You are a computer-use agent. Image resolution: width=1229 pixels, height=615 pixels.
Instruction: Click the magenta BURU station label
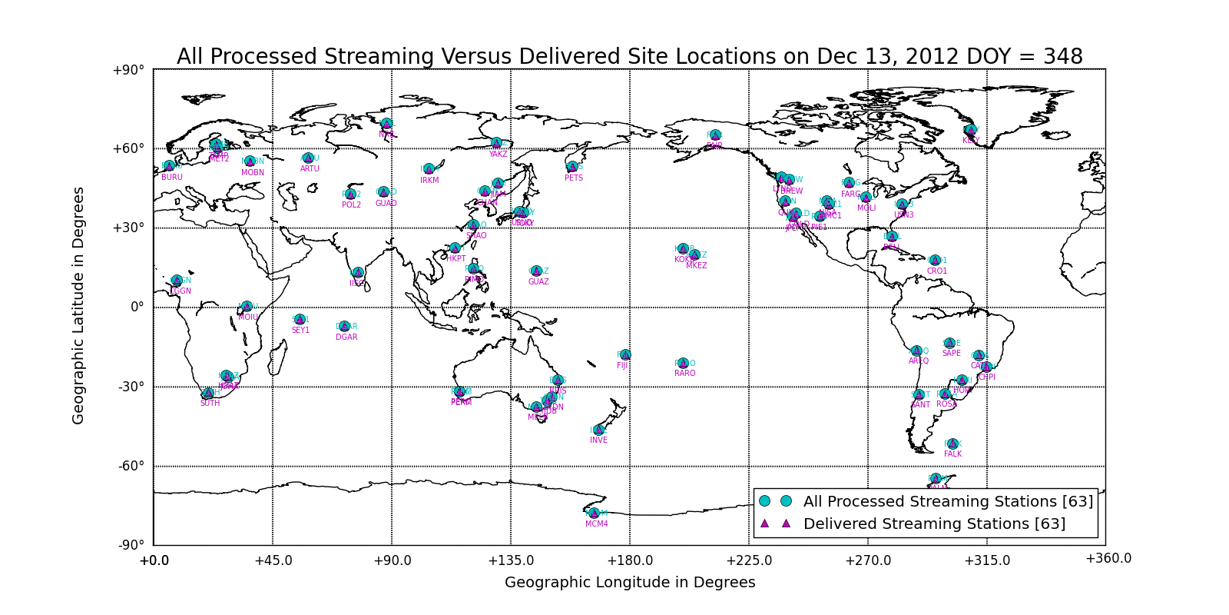(172, 178)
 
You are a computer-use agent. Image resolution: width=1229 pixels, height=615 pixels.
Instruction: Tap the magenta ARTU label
(310, 169)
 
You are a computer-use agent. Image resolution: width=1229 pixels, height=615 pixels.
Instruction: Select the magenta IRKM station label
(429, 181)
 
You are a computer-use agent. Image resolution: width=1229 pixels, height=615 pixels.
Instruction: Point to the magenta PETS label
(574, 178)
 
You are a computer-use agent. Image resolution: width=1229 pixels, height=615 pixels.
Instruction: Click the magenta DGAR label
(346, 337)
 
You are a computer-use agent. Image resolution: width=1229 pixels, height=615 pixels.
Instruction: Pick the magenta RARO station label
(685, 374)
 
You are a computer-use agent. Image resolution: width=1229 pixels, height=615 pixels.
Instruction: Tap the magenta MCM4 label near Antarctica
(597, 524)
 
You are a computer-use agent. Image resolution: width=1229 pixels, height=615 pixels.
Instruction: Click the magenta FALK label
(952, 454)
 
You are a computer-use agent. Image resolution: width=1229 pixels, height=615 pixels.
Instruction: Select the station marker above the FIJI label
(625, 355)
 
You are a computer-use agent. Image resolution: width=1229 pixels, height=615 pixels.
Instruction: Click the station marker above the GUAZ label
(536, 271)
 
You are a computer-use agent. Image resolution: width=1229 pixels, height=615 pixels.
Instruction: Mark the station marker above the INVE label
(598, 430)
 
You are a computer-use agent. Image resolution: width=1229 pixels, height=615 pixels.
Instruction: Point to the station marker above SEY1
(300, 320)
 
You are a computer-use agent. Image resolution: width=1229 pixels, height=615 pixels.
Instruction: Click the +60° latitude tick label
(129, 149)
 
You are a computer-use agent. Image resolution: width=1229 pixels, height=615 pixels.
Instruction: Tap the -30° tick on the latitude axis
(131, 387)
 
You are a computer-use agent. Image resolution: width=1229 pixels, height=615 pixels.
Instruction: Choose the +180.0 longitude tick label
(630, 561)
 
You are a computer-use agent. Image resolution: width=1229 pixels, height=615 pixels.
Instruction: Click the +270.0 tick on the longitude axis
(868, 561)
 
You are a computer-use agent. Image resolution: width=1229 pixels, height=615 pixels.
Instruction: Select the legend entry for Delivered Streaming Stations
(934, 524)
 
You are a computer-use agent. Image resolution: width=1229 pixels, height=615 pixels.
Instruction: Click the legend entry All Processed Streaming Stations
(948, 502)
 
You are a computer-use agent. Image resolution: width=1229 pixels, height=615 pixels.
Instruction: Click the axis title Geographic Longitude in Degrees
(630, 583)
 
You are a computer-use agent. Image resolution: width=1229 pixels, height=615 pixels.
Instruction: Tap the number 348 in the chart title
(1063, 57)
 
